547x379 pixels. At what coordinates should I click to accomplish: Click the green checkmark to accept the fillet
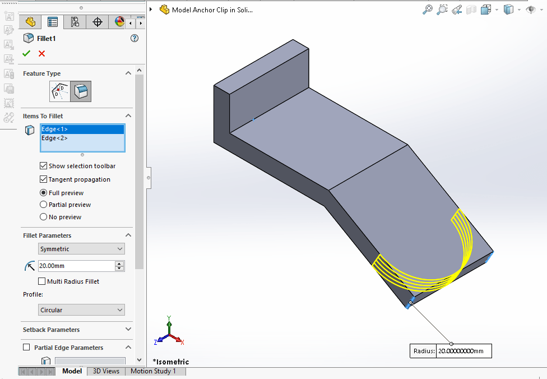tap(26, 53)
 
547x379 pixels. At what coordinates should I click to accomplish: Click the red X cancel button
tap(41, 53)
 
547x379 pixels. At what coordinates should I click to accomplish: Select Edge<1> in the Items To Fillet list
tap(82, 129)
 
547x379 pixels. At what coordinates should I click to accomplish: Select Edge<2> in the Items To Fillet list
tap(82, 138)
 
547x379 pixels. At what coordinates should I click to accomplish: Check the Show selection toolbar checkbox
tap(44, 166)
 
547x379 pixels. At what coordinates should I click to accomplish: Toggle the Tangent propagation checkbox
tap(44, 179)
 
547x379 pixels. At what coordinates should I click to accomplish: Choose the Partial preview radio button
tap(44, 205)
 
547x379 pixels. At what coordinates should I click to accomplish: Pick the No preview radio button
tap(44, 217)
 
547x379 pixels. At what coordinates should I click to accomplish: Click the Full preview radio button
tap(44, 193)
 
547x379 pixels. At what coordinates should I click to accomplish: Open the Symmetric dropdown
tap(82, 249)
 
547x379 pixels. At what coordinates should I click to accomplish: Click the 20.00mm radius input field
tap(76, 266)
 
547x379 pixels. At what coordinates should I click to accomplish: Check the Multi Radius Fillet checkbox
tap(42, 281)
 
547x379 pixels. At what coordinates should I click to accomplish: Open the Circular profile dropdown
tap(82, 310)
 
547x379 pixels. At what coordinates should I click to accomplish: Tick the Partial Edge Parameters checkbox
tap(26, 348)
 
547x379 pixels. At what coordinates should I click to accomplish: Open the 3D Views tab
tap(106, 371)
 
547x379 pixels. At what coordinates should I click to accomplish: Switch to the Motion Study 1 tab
tap(153, 371)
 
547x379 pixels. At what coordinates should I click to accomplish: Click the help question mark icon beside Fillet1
tap(134, 38)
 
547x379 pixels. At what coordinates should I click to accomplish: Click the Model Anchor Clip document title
tap(212, 10)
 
